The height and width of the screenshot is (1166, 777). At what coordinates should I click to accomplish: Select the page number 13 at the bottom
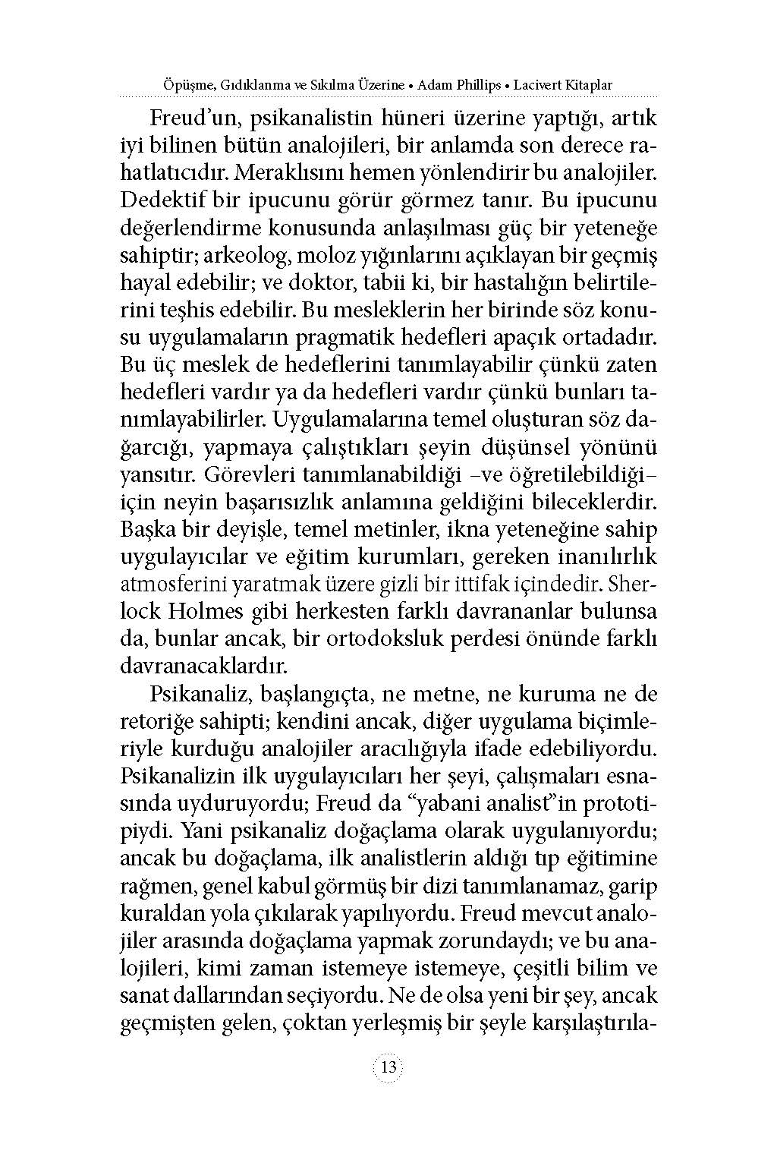pos(388,1067)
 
